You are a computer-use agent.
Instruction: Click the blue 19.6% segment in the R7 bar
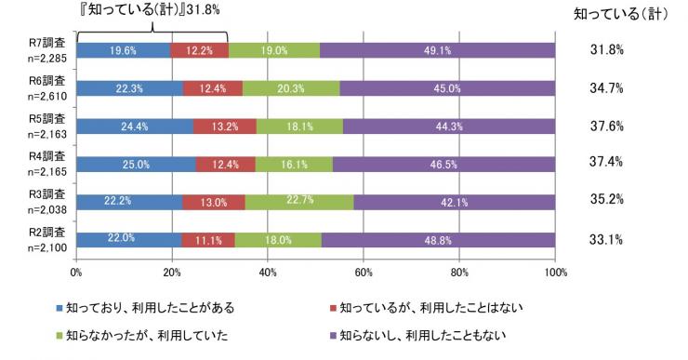[x=124, y=51]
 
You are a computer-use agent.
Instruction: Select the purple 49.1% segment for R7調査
[x=438, y=51]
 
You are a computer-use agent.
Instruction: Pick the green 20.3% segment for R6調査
[x=290, y=89]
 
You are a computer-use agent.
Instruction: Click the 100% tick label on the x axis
[x=555, y=273]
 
